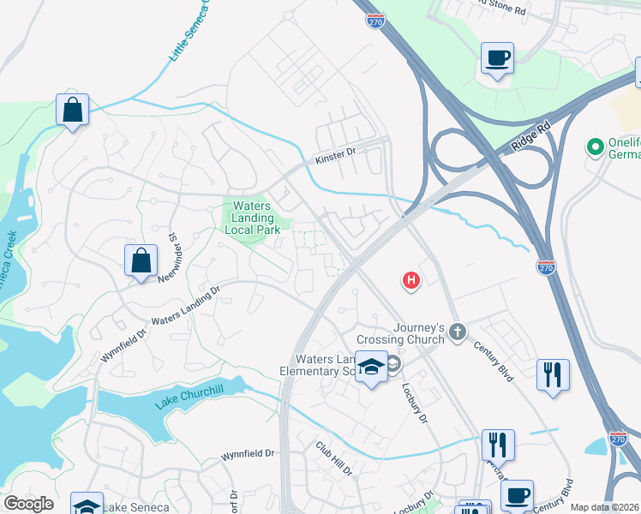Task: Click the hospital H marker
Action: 411,279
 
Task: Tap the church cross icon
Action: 458,332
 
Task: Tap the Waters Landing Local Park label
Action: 251,218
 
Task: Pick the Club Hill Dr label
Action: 333,458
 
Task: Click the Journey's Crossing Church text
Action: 419,333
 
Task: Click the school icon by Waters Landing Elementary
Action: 371,367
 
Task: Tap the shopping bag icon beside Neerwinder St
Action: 141,260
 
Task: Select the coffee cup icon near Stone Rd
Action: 497,58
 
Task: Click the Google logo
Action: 28,504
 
